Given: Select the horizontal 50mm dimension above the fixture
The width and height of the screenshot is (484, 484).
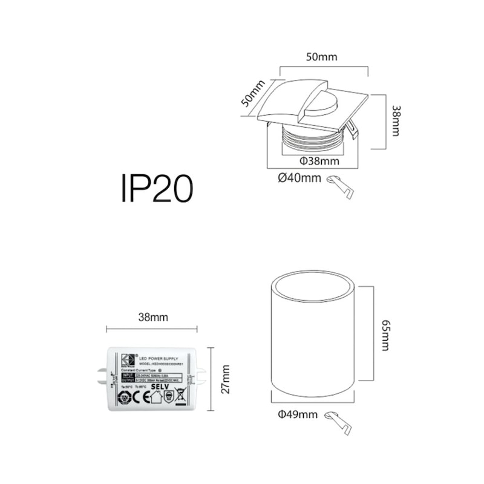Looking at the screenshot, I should (x=321, y=57).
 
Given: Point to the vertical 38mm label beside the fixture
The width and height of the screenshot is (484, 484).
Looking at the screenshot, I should (x=396, y=121).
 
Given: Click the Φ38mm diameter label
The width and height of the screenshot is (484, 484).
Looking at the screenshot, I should (x=319, y=162).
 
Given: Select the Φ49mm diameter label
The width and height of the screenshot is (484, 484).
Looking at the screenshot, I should (x=298, y=414).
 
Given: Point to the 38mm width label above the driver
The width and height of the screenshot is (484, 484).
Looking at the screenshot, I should (x=152, y=317).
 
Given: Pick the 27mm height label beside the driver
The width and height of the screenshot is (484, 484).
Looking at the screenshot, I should (x=225, y=379).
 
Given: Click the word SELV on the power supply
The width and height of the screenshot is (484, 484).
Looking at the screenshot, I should (x=159, y=386).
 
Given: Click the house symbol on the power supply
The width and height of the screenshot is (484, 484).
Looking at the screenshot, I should (x=155, y=397).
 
